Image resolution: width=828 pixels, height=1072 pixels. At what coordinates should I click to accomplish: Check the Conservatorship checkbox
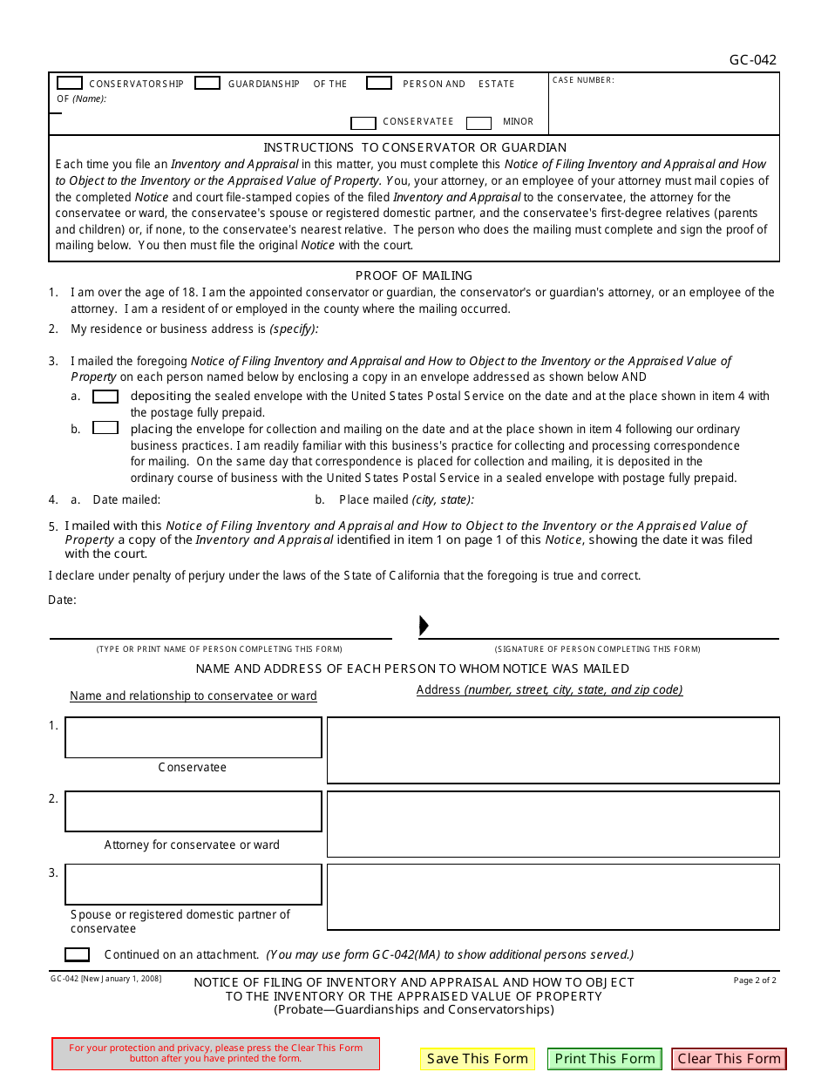coord(70,83)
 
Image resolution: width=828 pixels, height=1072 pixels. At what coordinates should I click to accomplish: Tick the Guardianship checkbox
coord(207,83)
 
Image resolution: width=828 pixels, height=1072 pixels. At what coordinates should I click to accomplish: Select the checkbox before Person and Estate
coord(378,83)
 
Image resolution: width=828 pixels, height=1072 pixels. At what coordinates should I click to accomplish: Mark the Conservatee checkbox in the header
coord(363,123)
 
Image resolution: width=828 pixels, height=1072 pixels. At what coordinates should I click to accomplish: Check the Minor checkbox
coord(478,123)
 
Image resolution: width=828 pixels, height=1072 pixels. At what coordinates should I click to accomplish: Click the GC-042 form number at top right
coord(752,60)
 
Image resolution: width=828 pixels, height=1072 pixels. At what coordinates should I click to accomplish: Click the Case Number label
coord(583,80)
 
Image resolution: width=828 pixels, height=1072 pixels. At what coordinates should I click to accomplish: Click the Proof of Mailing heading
coord(414,275)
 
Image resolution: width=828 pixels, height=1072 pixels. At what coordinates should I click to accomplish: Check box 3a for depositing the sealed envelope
coord(105,397)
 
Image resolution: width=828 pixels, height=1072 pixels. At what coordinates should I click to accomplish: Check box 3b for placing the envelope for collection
coord(105,428)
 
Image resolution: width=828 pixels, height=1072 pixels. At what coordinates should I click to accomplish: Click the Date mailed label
coord(126,500)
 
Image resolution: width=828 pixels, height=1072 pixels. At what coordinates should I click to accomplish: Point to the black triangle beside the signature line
coord(424,626)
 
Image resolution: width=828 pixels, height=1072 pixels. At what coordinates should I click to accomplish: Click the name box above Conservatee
coord(193,737)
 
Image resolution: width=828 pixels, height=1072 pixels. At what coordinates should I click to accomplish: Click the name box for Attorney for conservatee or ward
coord(193,811)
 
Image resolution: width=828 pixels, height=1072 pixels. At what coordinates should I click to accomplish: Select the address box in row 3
coord(553,897)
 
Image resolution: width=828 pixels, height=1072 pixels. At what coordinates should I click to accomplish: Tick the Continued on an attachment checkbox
coord(77,954)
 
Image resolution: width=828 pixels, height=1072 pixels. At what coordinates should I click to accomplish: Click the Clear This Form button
coord(729,1059)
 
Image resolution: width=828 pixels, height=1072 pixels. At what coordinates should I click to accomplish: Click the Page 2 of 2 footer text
coord(754,980)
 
